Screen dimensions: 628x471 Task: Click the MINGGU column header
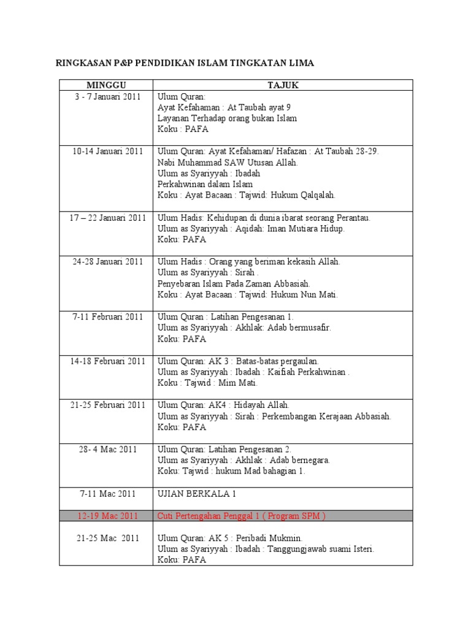(x=105, y=85)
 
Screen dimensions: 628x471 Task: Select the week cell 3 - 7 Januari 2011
(x=105, y=96)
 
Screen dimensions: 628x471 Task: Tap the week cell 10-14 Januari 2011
(x=105, y=151)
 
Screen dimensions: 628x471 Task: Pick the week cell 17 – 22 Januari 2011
(x=105, y=217)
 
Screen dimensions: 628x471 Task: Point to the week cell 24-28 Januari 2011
(x=105, y=261)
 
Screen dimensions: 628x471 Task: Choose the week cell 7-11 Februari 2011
(x=105, y=316)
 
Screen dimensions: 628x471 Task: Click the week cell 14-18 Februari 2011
(x=105, y=361)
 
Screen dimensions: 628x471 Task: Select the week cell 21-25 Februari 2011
(x=105, y=405)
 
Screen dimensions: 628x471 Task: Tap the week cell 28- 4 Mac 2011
(x=105, y=449)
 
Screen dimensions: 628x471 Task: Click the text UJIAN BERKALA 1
(x=193, y=493)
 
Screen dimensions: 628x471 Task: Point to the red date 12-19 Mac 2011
(x=105, y=515)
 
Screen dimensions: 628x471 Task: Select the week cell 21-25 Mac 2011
(x=105, y=538)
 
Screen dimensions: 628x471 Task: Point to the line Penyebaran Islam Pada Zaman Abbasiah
(x=234, y=283)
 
